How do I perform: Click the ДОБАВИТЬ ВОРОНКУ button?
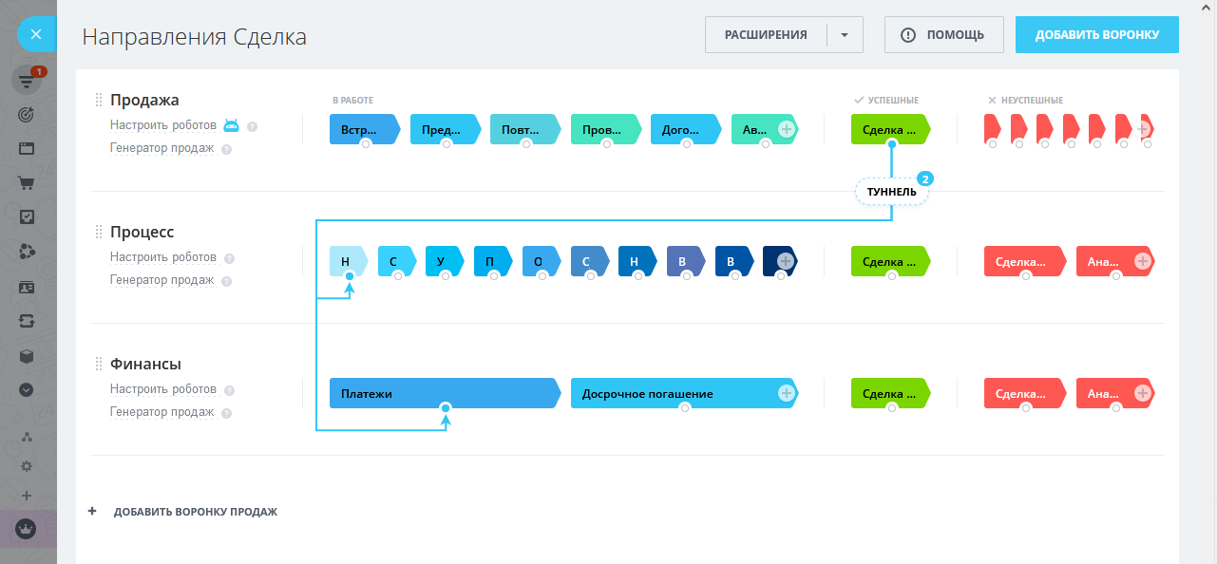(1096, 35)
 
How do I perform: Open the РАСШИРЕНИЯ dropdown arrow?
(845, 35)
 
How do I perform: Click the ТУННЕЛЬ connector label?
(891, 192)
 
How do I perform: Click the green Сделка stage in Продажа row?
(888, 129)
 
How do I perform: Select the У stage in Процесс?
(442, 261)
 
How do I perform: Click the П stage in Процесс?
(490, 261)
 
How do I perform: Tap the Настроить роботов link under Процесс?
(162, 257)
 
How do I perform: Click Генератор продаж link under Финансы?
(162, 412)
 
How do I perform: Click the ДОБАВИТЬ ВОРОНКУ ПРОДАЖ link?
(195, 512)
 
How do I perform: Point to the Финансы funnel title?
(145, 364)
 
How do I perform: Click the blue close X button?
(35, 35)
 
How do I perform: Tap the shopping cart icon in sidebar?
(27, 183)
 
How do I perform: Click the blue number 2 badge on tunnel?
(924, 178)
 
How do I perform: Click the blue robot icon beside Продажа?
(231, 125)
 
